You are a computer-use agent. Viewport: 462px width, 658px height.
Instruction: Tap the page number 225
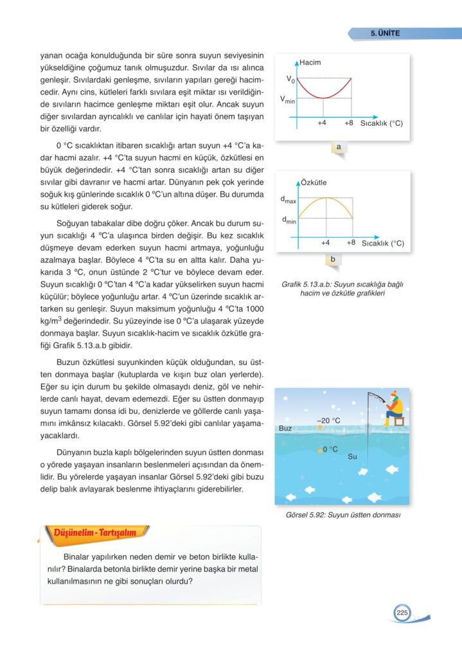click(402, 613)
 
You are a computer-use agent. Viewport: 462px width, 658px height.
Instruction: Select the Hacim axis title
click(310, 62)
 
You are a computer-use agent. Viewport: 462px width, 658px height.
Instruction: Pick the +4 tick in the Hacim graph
click(323, 122)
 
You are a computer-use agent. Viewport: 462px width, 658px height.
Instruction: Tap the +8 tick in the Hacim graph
click(349, 122)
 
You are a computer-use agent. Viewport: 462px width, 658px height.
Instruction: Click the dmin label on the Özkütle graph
click(289, 220)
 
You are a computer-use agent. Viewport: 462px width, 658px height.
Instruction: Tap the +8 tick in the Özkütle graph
click(350, 243)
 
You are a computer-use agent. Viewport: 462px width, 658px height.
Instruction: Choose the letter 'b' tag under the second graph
click(333, 260)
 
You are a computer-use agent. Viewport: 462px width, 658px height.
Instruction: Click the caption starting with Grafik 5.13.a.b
click(342, 289)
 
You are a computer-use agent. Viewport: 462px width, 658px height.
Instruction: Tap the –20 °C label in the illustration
click(329, 420)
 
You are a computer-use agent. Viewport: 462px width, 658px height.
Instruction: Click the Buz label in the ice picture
click(287, 427)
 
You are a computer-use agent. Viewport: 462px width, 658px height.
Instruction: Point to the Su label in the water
click(352, 456)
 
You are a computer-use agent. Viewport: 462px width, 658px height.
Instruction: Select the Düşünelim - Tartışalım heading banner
click(94, 531)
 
